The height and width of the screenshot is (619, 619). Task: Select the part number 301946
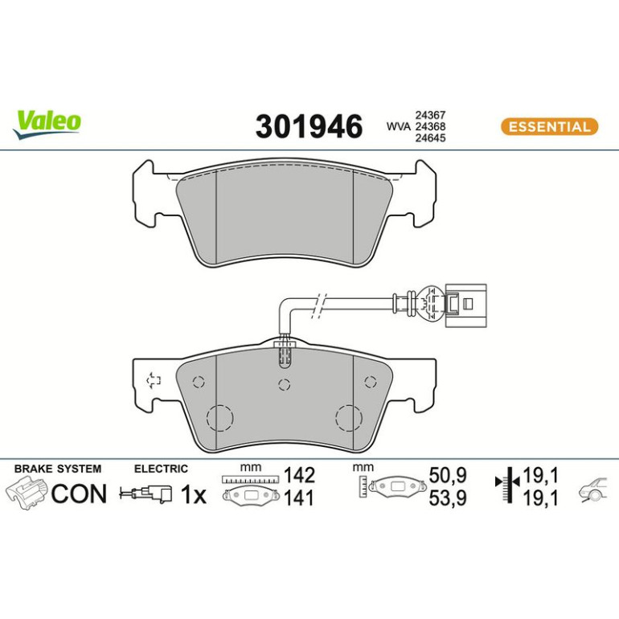point(309,126)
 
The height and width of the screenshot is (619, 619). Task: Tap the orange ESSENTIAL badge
point(549,127)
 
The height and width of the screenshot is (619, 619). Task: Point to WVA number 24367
point(430,115)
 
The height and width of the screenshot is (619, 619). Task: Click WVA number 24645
point(430,137)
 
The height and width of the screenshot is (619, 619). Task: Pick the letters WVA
point(399,126)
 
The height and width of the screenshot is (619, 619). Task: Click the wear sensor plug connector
point(465,305)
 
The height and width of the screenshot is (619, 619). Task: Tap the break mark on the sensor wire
point(319,305)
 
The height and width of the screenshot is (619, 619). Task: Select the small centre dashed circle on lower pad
point(285,384)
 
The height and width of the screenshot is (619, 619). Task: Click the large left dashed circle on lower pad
point(220,418)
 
